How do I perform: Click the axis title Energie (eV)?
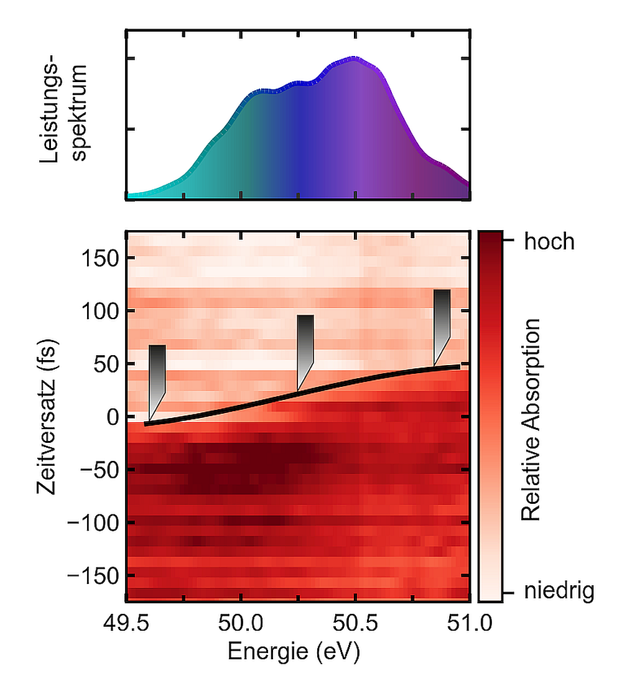click(294, 652)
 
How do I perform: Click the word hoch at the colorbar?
click(549, 241)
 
